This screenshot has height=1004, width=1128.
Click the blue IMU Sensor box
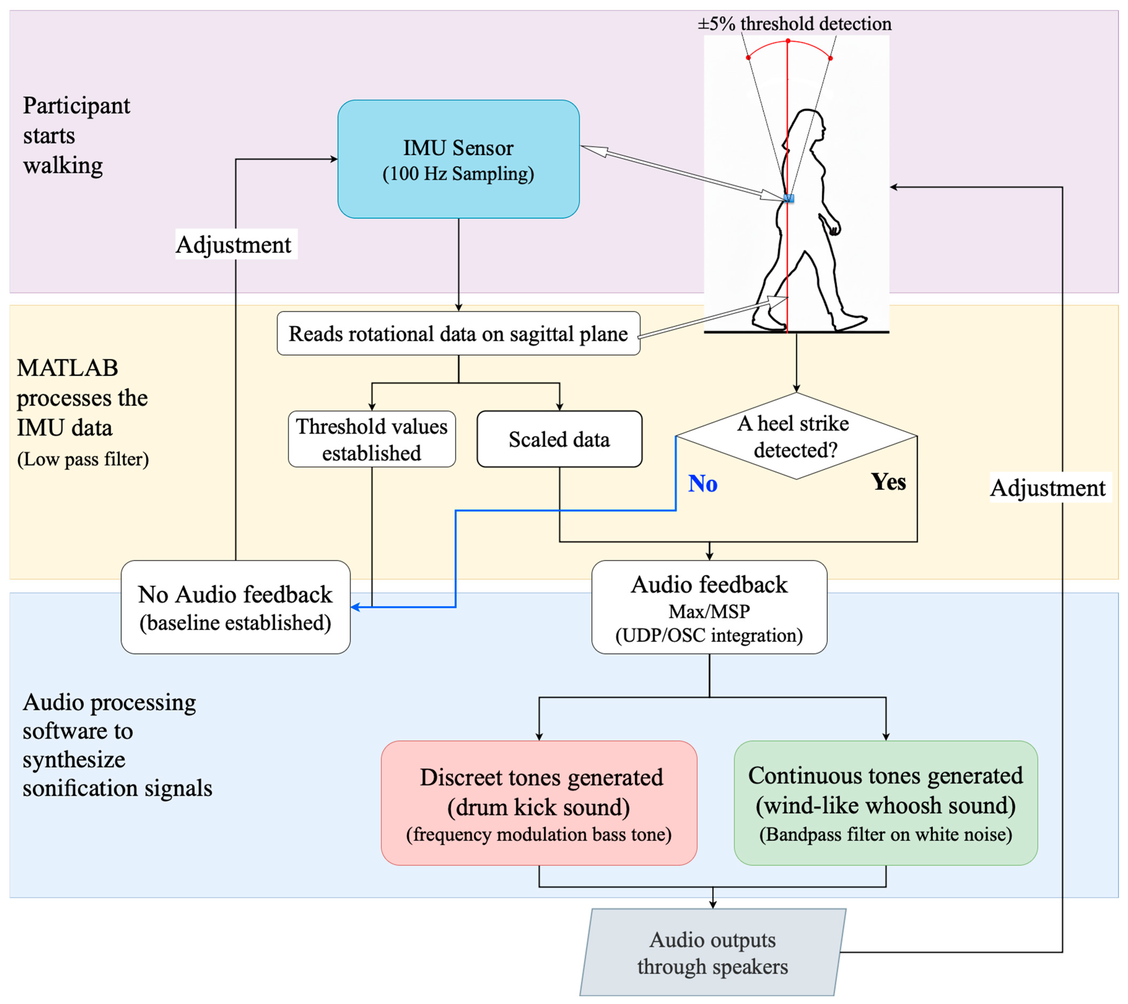pyautogui.click(x=458, y=159)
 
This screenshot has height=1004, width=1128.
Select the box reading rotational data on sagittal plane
pyautogui.click(x=458, y=333)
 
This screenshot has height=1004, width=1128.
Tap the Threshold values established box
pyautogui.click(x=372, y=439)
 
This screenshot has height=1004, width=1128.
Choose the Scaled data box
pyautogui.click(x=560, y=439)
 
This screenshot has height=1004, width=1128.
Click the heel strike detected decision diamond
pyautogui.click(x=796, y=436)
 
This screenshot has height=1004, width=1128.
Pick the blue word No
pyautogui.click(x=703, y=484)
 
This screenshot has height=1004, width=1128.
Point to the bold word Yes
pyautogui.click(x=889, y=482)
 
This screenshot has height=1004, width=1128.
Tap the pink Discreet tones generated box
pyautogui.click(x=539, y=803)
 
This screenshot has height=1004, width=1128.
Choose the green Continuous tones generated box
pyautogui.click(x=886, y=803)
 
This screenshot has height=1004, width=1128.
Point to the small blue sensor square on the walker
pyautogui.click(x=789, y=198)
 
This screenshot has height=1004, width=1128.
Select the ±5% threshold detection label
pyautogui.click(x=795, y=24)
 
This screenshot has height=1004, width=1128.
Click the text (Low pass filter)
pyautogui.click(x=83, y=459)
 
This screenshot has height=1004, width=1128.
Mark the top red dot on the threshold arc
pyautogui.click(x=788, y=41)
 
